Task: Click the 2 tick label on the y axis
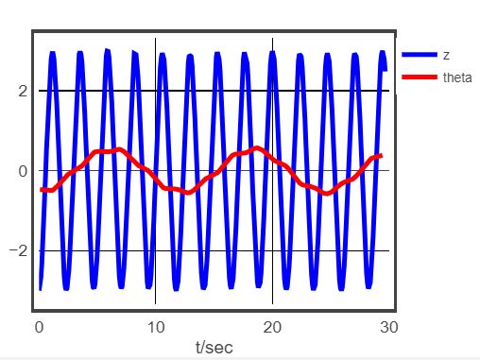coord(21,92)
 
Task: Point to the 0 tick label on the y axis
coord(21,171)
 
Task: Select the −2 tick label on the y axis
coord(17,251)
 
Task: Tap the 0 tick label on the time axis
coord(39,326)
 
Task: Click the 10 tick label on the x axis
coord(155,326)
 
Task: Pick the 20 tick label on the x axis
coord(272,326)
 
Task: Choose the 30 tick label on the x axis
coord(388,326)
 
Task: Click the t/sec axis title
coord(214,347)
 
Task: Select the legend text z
coord(446,56)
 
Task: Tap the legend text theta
coord(457,77)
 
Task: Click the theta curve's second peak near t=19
coord(257,147)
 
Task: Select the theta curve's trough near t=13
coord(187,193)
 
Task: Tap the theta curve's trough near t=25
coord(327,194)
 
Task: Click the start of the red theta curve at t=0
coord(41,190)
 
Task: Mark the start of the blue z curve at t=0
coord(40,288)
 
